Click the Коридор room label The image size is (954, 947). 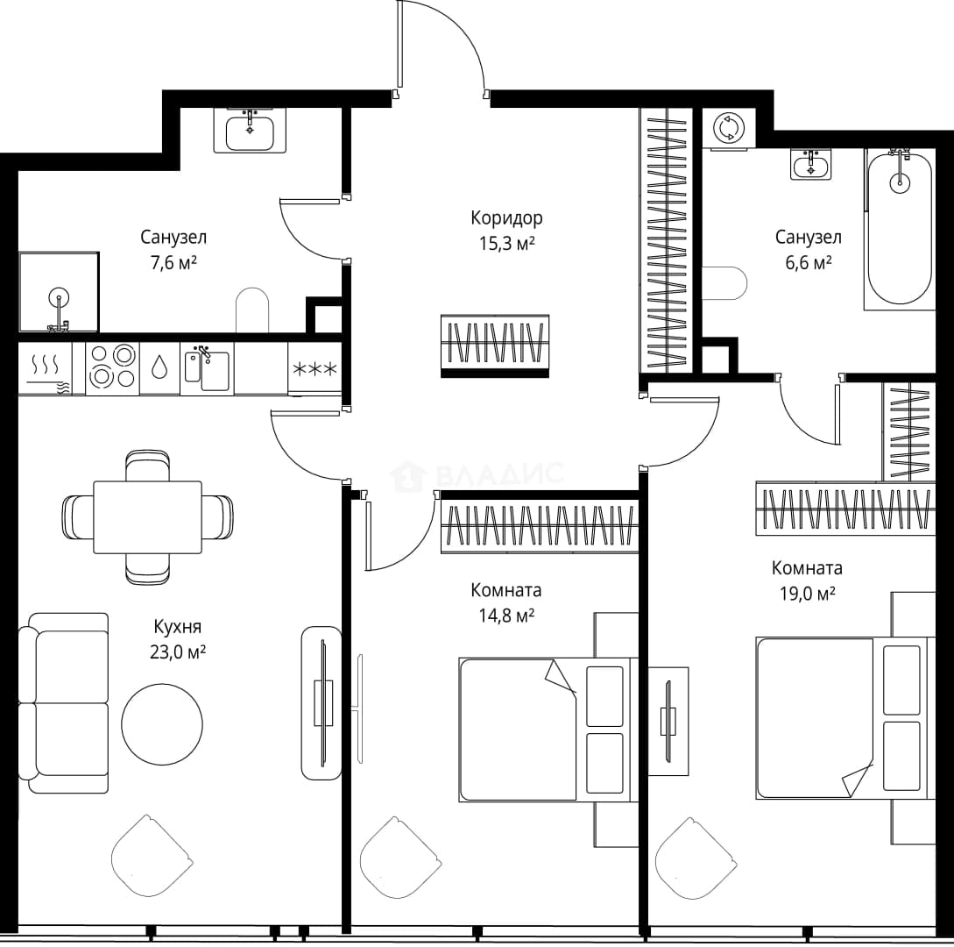pyautogui.click(x=506, y=218)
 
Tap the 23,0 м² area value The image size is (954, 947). pyautogui.click(x=178, y=652)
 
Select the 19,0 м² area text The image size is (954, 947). pyautogui.click(x=808, y=594)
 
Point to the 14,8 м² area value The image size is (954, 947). pyautogui.click(x=506, y=616)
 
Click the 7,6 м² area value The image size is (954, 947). pyautogui.click(x=173, y=263)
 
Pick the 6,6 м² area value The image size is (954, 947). pyautogui.click(x=809, y=263)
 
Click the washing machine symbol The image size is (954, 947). pyautogui.click(x=729, y=129)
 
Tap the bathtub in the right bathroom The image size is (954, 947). pyautogui.click(x=899, y=228)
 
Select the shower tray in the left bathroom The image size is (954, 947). pyautogui.click(x=59, y=292)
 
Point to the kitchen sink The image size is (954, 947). pyautogui.click(x=207, y=368)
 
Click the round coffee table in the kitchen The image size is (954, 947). pyautogui.click(x=162, y=724)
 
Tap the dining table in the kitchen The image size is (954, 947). pyautogui.click(x=148, y=517)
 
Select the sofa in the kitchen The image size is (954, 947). pyautogui.click(x=64, y=702)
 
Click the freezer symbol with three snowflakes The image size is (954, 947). pyautogui.click(x=314, y=368)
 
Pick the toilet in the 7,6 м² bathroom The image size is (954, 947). pyautogui.click(x=252, y=310)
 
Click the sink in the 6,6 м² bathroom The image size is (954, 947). pyautogui.click(x=811, y=165)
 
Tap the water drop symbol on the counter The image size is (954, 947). pyautogui.click(x=159, y=367)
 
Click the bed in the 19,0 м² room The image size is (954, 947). pyautogui.click(x=845, y=719)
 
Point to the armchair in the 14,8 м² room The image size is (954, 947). pyautogui.click(x=400, y=858)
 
